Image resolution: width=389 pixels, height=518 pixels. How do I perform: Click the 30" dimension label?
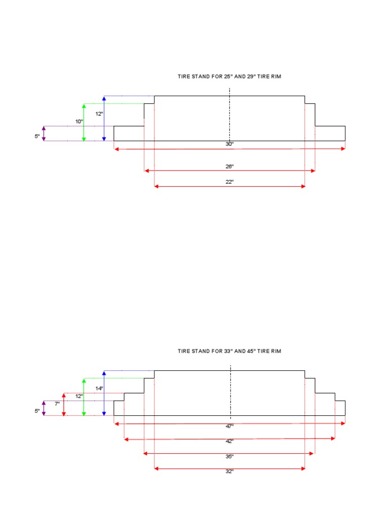click(229, 144)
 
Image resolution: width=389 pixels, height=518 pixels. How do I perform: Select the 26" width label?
click(229, 166)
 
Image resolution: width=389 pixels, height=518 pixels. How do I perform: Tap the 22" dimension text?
click(229, 182)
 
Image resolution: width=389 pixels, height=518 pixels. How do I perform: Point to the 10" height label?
click(79, 121)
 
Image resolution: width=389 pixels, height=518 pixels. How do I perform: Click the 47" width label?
click(229, 426)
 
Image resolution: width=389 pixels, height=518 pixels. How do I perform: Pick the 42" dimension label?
click(229, 442)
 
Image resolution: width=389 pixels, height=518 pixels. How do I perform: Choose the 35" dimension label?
click(229, 457)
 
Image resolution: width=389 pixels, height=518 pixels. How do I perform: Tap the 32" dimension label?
click(229, 472)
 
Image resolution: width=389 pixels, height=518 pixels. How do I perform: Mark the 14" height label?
click(99, 388)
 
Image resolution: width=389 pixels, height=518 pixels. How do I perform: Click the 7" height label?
click(57, 404)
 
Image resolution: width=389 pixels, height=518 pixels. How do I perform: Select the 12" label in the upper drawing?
click(99, 114)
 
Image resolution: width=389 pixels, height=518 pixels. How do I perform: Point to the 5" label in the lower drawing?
click(37, 411)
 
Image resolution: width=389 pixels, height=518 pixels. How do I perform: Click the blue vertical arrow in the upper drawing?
click(104, 118)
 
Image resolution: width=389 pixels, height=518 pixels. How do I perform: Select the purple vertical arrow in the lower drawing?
click(44, 408)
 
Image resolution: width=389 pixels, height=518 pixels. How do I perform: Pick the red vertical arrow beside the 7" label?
click(64, 404)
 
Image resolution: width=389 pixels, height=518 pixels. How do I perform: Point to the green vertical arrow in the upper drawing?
click(84, 122)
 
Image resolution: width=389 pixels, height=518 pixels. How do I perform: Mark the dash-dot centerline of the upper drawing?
click(229, 116)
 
